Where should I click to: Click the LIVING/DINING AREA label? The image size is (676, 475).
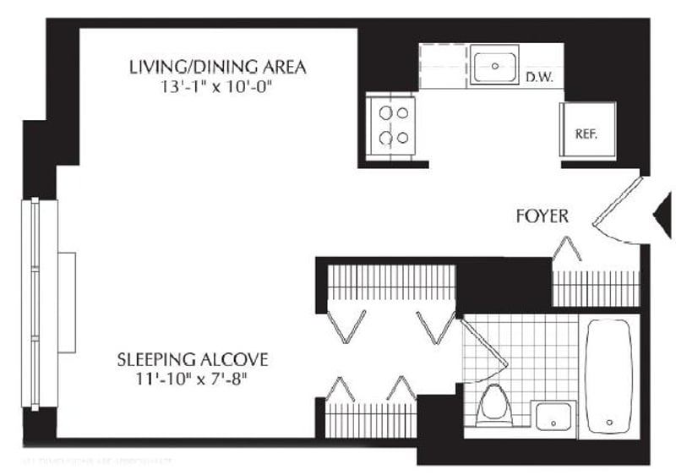[x=217, y=66]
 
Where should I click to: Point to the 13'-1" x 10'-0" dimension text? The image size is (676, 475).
[x=217, y=86]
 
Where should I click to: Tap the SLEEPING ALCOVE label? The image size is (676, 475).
[x=193, y=360]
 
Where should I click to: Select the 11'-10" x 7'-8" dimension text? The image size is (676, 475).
[x=193, y=379]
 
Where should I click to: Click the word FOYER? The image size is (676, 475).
[x=542, y=217]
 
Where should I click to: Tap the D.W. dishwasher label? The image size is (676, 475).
[x=539, y=78]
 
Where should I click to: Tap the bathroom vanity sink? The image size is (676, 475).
[x=554, y=415]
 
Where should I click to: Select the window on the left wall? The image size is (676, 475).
[x=35, y=303]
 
